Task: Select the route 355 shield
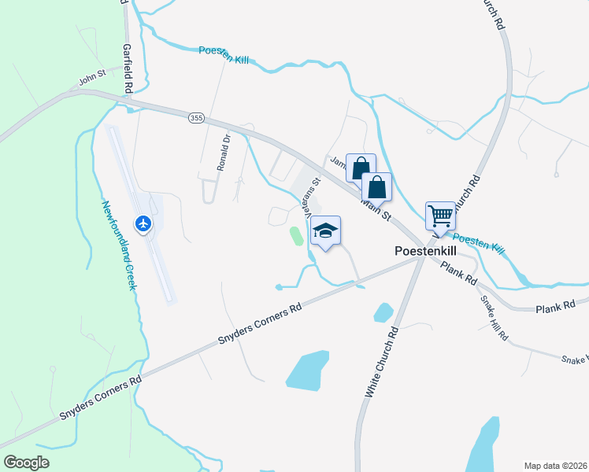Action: click(x=197, y=117)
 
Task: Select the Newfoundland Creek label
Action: click(x=118, y=245)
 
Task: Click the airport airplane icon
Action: click(x=143, y=224)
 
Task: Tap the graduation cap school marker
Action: click(x=326, y=231)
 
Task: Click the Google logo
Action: click(x=25, y=463)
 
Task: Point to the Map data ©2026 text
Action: click(x=555, y=465)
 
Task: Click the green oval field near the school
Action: click(x=296, y=235)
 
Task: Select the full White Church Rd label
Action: click(x=382, y=363)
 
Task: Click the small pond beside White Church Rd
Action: click(x=383, y=312)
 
